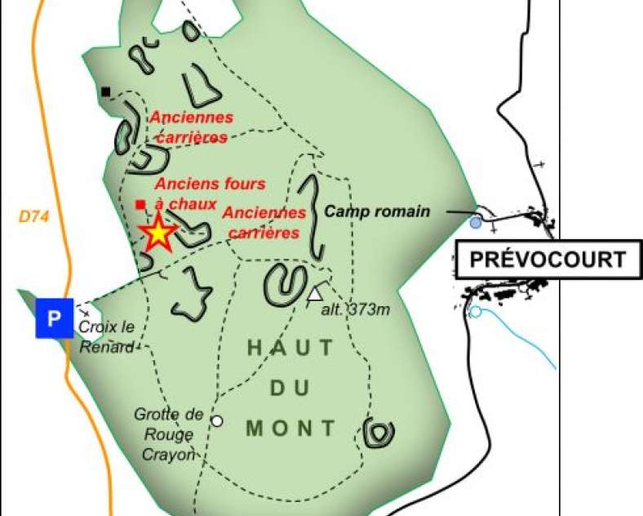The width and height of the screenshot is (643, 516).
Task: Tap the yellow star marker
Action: point(157,234)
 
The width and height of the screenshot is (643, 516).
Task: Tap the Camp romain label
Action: point(377,211)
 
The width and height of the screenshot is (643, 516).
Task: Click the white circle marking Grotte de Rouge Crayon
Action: point(216,420)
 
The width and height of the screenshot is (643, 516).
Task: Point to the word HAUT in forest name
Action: point(290,347)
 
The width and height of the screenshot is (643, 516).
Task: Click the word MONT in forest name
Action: point(290,427)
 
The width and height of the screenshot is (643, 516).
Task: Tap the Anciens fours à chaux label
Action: point(209,193)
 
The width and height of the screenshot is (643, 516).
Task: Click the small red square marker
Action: point(140,204)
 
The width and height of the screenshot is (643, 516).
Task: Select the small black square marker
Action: point(105,91)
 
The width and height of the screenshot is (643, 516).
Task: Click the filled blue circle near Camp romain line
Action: point(476,221)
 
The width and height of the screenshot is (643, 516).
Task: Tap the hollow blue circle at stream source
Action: point(475,311)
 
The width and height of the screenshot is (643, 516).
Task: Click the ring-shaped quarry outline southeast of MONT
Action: point(379,432)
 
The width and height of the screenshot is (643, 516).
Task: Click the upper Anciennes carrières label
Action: point(191,127)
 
